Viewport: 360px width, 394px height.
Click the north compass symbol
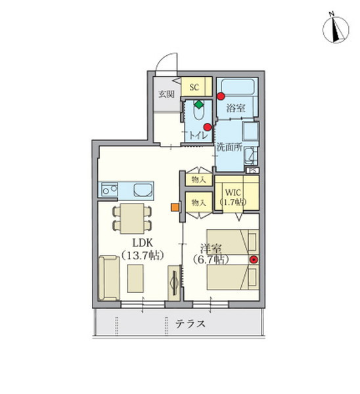click(x=335, y=29)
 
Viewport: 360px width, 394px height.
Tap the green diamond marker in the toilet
click(x=199, y=104)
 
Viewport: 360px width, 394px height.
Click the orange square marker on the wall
click(x=175, y=208)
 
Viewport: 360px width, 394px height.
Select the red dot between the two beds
click(x=254, y=259)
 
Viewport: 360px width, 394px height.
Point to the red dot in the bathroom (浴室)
click(x=221, y=97)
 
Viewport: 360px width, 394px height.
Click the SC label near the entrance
click(x=194, y=87)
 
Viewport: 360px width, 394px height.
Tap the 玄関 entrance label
click(x=166, y=94)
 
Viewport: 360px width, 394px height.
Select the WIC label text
click(x=233, y=192)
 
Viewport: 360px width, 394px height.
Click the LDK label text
click(x=143, y=243)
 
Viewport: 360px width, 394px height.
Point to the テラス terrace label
click(x=191, y=324)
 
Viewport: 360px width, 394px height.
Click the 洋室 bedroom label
click(x=211, y=249)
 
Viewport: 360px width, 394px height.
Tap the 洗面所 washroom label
click(x=229, y=147)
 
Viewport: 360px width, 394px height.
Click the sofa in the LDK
click(x=108, y=278)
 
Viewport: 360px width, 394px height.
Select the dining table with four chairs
click(x=132, y=219)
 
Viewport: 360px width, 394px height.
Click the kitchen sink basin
click(x=143, y=190)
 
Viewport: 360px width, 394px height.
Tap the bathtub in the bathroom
click(x=238, y=87)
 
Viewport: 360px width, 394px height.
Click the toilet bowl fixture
click(x=199, y=110)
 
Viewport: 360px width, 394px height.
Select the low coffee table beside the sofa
click(x=135, y=278)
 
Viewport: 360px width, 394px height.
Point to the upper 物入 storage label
click(x=198, y=180)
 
